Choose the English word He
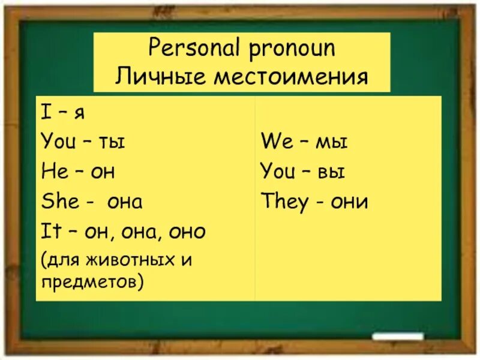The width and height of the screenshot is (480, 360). pos(53,172)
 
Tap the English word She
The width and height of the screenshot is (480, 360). pos(59,201)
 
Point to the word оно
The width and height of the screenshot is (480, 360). pos(187,231)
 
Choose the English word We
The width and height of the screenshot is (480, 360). pos(276,142)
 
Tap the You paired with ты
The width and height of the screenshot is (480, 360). pos(58,142)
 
